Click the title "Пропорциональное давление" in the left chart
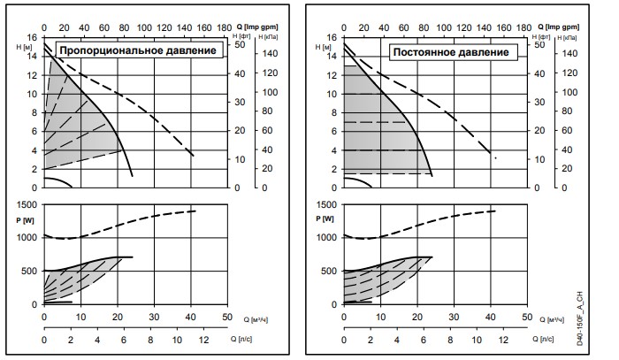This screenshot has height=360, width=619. click(x=138, y=50)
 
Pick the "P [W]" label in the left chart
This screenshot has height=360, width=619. click(x=25, y=218)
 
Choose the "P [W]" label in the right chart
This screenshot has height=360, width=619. click(x=325, y=218)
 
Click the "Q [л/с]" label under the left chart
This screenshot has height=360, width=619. click(x=250, y=337)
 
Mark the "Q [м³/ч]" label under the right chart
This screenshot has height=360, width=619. click(x=550, y=315)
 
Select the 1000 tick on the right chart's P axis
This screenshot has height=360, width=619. click(x=325, y=237)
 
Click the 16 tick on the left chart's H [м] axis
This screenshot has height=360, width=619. click(x=32, y=37)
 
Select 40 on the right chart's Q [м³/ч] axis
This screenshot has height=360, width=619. click(x=491, y=315)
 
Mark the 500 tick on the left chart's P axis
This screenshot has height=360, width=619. click(x=27, y=271)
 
